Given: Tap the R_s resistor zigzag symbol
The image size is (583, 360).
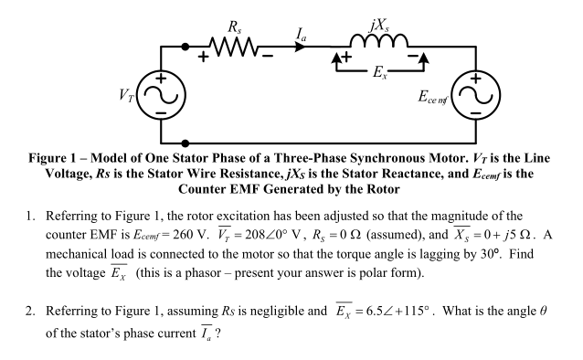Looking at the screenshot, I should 237,45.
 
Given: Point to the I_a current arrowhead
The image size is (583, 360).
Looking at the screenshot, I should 309,45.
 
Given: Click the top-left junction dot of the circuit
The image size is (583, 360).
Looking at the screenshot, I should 185,45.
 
